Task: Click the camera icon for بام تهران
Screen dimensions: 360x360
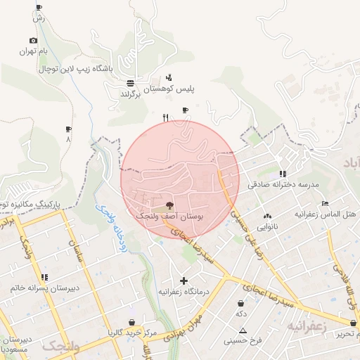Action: tap(33, 41)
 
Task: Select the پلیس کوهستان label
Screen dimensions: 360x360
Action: tap(169, 89)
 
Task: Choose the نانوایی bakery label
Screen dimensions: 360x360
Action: tap(266, 227)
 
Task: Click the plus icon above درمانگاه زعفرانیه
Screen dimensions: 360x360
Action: tap(184, 281)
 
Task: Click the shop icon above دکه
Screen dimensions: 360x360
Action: tap(241, 303)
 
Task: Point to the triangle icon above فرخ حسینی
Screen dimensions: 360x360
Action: tap(243, 330)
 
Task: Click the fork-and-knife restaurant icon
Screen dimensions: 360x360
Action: tap(166, 118)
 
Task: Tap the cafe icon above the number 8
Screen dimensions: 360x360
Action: tap(68, 129)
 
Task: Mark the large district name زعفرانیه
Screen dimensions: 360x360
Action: tap(304, 327)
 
